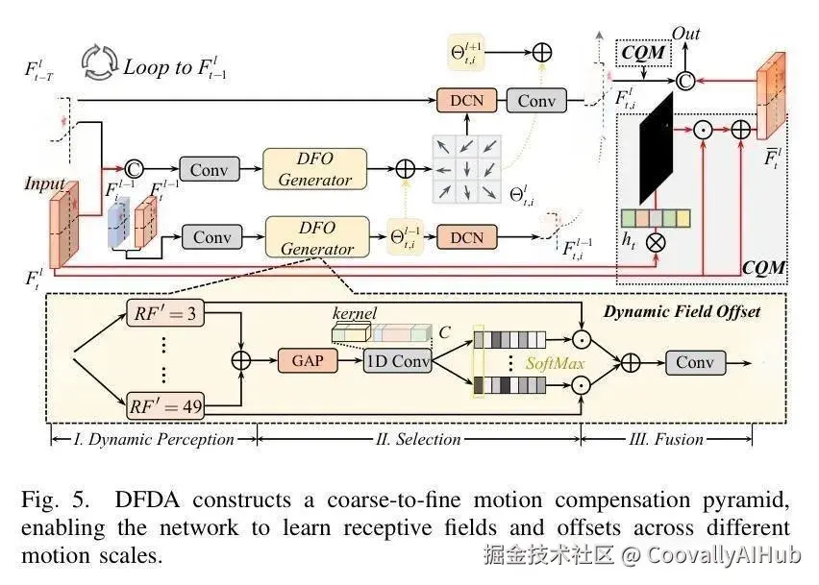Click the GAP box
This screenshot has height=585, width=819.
308,360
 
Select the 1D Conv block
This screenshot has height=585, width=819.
398,360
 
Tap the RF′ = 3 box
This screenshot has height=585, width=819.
165,313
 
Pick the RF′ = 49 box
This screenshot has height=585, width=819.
165,406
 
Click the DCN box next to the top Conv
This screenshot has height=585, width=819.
466,100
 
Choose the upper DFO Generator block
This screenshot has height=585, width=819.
315,169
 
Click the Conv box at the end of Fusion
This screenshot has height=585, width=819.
695,362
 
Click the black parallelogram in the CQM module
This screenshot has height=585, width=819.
657,148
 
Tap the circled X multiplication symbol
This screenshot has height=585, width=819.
656,243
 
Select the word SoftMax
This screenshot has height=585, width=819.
555,363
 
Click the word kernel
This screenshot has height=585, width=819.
354,313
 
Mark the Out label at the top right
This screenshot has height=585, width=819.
685,34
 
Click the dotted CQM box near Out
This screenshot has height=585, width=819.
643,53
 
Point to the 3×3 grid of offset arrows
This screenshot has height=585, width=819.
466,169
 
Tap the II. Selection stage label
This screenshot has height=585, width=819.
418,439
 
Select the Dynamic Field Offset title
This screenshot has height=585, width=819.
682,311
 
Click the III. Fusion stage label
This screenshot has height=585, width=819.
666,439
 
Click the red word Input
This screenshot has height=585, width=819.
45,183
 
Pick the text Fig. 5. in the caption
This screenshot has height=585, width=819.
55,500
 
